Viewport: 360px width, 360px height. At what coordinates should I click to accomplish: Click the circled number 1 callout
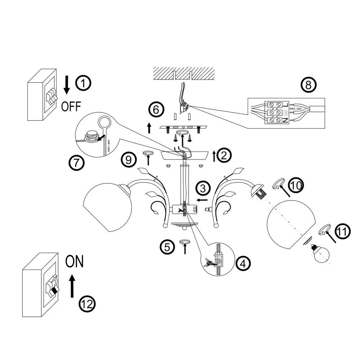84,84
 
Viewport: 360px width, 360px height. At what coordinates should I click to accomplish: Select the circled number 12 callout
87,305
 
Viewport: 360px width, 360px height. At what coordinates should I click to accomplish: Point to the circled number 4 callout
243,263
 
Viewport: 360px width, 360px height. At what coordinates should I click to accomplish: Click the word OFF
71,106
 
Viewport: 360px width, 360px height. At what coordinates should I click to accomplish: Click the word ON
75,261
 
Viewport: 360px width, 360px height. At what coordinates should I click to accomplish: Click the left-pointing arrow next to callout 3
202,199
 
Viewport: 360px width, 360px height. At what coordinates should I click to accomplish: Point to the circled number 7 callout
77,163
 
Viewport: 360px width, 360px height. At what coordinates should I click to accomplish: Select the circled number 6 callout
156,109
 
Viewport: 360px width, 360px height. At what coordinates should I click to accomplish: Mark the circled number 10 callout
296,185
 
